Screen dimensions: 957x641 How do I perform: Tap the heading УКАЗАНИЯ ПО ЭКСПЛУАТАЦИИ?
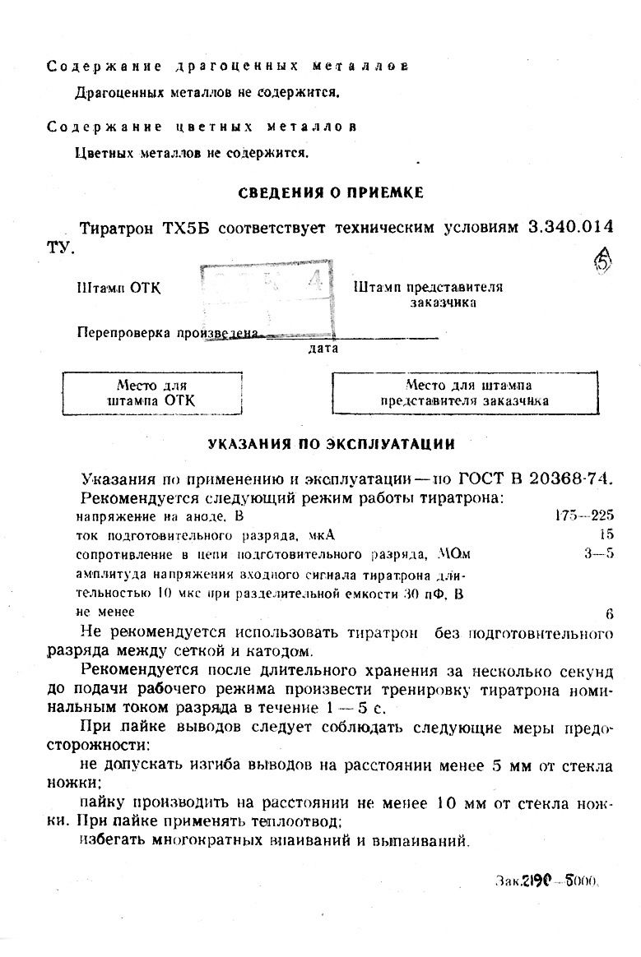pos(331,444)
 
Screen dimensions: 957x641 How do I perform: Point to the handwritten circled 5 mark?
pos(603,262)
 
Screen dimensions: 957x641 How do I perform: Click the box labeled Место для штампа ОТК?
pos(152,393)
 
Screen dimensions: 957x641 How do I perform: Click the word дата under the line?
pos(323,349)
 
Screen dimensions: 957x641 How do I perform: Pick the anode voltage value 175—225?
pos(585,516)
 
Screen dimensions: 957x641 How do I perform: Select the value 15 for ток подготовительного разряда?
pos(606,534)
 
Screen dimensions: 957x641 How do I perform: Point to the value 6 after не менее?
pos(609,613)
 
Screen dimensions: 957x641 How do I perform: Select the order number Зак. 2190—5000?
pos(547,878)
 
